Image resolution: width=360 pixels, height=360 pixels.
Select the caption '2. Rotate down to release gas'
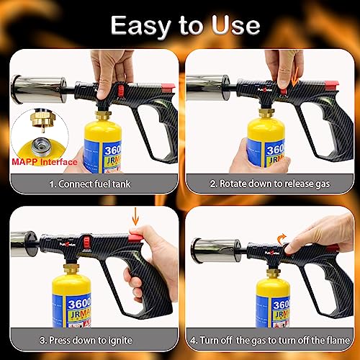270,184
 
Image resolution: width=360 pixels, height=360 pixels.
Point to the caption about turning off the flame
270,338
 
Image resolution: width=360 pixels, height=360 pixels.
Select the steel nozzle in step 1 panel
32,88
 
